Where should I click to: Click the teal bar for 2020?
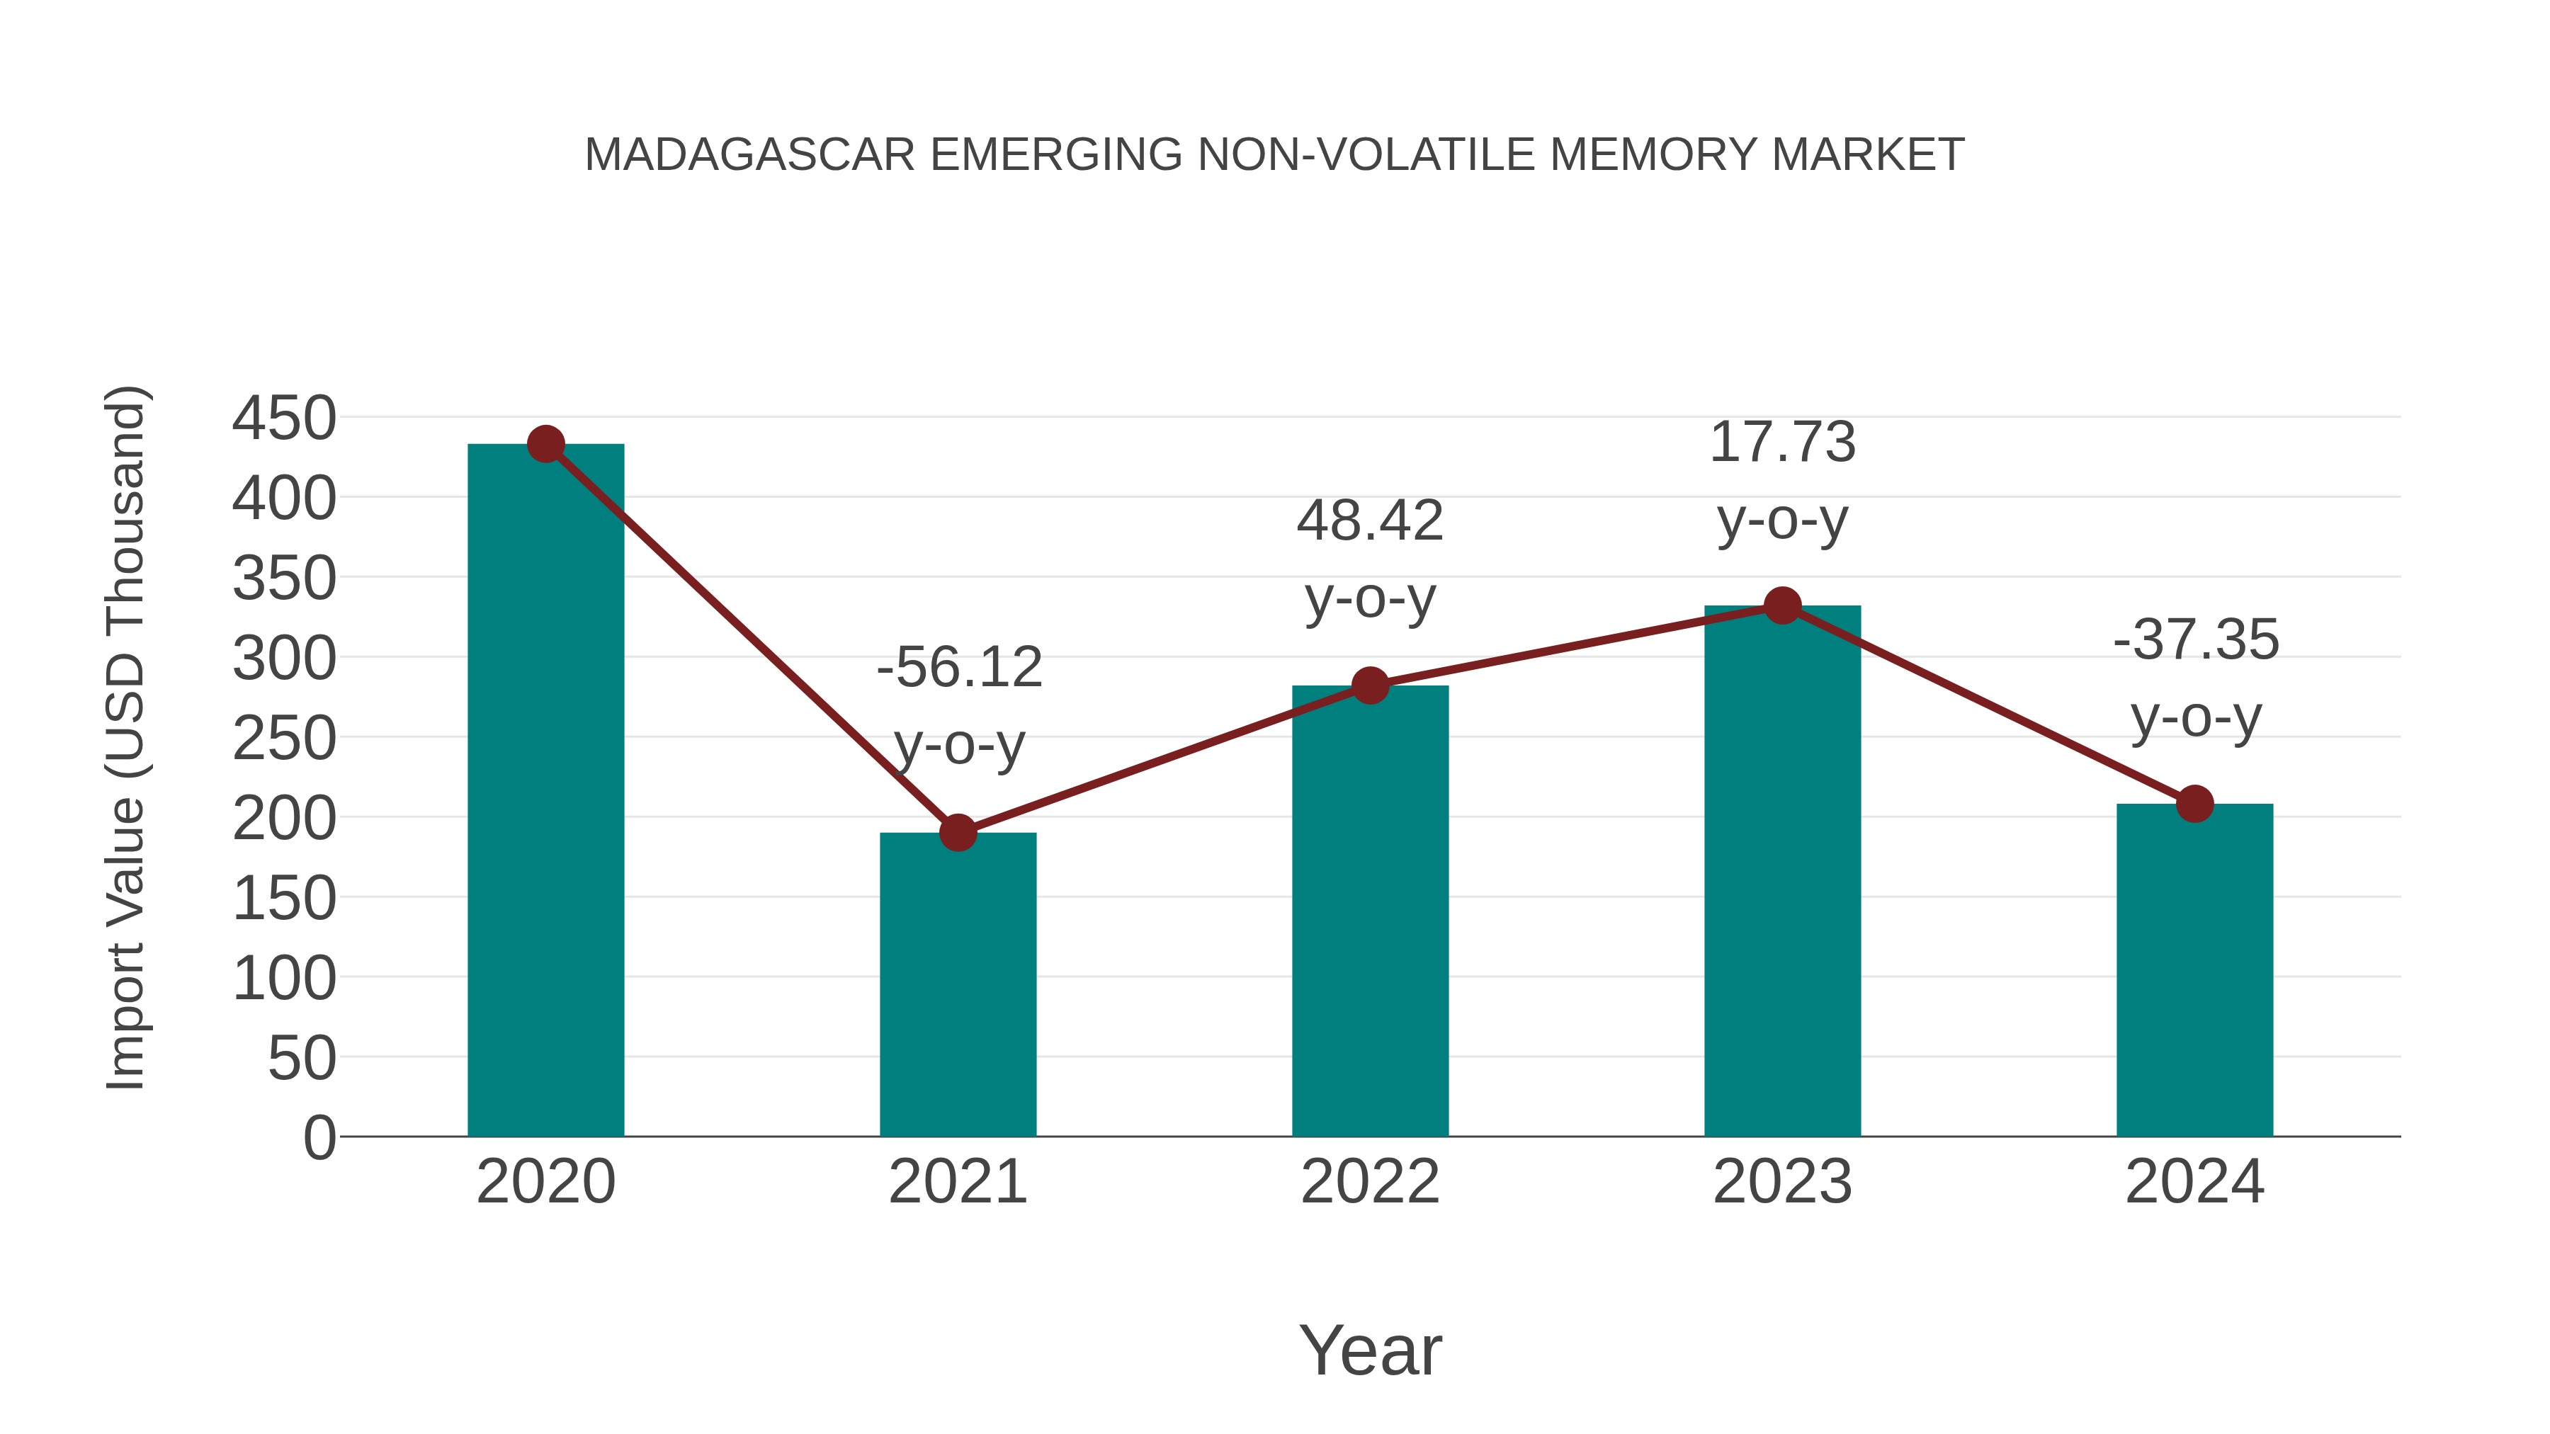(x=545, y=792)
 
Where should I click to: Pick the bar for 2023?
(x=1782, y=871)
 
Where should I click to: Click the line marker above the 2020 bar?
(x=545, y=444)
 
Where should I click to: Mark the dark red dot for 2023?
(x=1782, y=605)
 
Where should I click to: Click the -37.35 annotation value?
(x=2196, y=639)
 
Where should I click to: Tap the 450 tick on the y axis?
(x=284, y=418)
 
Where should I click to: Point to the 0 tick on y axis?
(x=319, y=1137)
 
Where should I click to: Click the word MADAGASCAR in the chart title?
(x=749, y=155)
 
